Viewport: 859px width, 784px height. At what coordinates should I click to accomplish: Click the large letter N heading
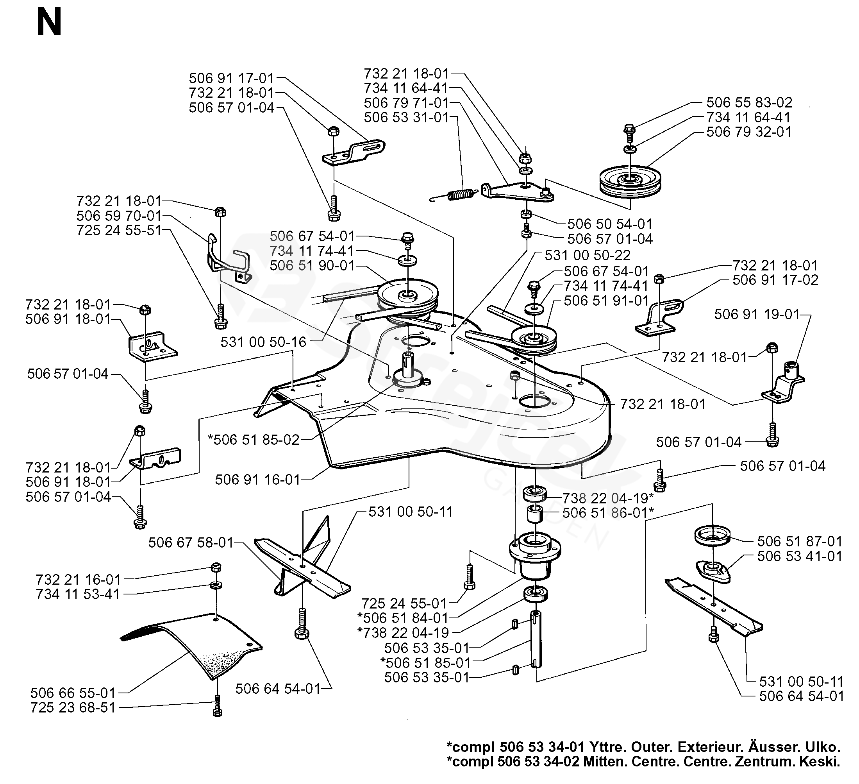click(x=49, y=23)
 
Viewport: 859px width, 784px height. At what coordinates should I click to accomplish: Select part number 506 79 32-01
click(x=748, y=132)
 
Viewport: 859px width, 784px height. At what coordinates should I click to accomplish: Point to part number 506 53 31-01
click(x=407, y=117)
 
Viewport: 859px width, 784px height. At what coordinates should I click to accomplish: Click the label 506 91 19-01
click(x=757, y=314)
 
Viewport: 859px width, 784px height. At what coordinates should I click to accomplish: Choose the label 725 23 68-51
click(x=73, y=708)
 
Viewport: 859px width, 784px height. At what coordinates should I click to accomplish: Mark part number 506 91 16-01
click(x=258, y=480)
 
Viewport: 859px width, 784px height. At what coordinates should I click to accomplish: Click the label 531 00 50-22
click(x=588, y=255)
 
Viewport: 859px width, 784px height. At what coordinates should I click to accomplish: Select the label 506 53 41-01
click(x=799, y=556)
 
